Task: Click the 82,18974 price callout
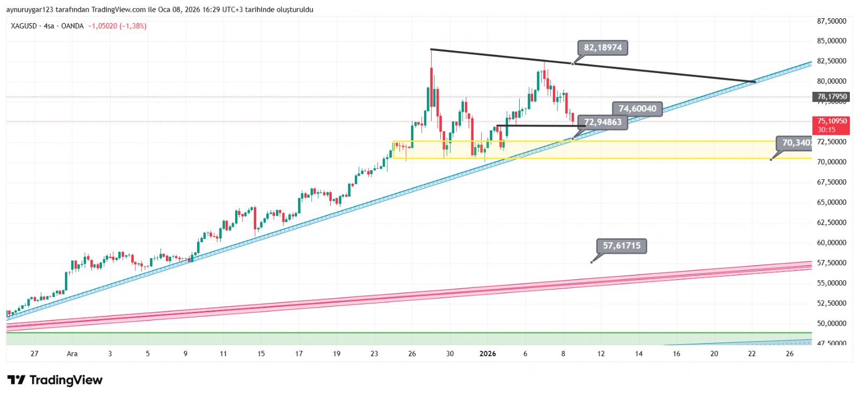(602, 48)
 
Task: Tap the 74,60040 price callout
(637, 108)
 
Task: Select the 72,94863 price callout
(602, 122)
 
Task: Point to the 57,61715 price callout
(621, 246)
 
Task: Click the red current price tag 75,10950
(832, 121)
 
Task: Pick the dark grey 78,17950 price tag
(832, 97)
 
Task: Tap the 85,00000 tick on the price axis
(832, 41)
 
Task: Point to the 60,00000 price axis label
(832, 243)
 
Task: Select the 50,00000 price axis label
(832, 323)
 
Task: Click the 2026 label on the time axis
(487, 353)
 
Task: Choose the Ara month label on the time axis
(72, 353)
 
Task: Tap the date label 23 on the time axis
(374, 353)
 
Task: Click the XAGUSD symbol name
(24, 26)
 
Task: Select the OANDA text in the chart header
(72, 26)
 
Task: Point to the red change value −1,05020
(103, 26)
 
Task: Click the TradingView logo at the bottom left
(55, 380)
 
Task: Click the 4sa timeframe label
(49, 26)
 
